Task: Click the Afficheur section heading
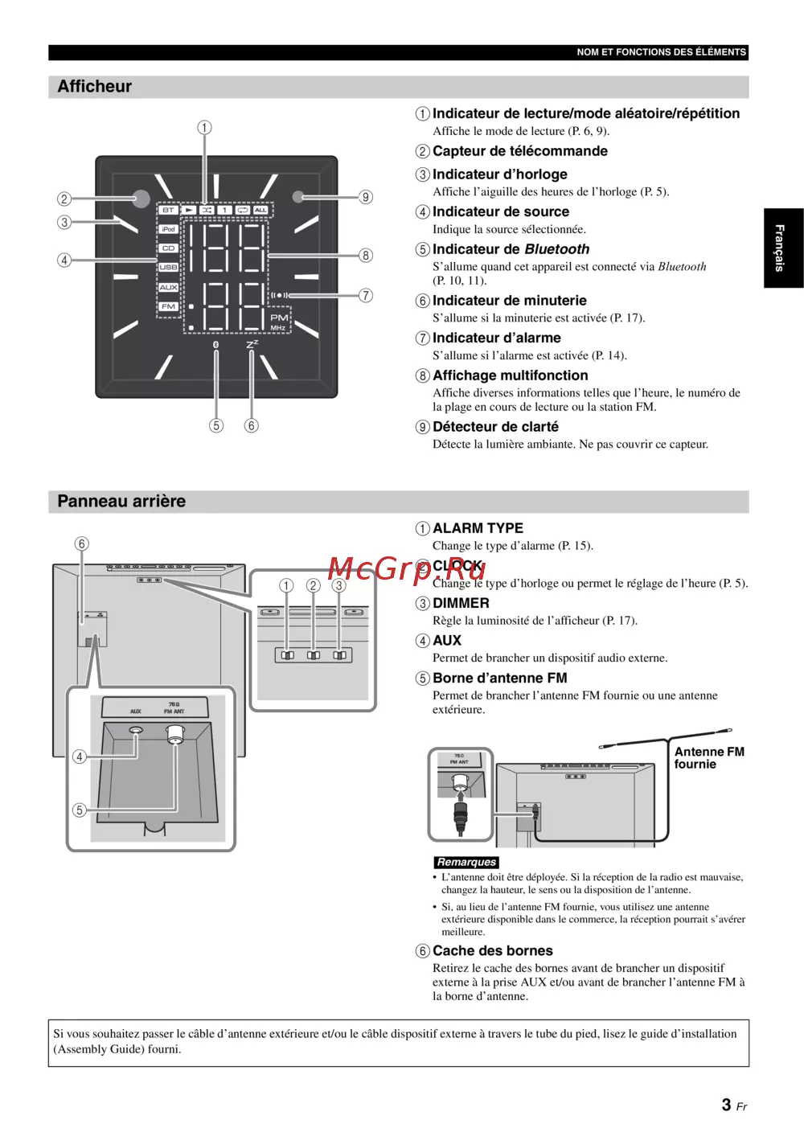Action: coord(95,87)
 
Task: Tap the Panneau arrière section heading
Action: coord(121,502)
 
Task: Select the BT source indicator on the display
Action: coord(168,210)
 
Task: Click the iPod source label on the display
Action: coord(168,229)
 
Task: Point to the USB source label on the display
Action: coord(168,267)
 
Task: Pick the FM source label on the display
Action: coord(168,306)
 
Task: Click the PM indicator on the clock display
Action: coord(279,318)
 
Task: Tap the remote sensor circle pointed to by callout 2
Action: coord(141,199)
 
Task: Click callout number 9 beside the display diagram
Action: coord(366,197)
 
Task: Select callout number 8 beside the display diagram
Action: coord(366,256)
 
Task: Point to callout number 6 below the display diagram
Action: coord(252,426)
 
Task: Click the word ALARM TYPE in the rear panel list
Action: coord(478,528)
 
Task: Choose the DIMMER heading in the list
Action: coord(461,603)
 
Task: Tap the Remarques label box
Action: coord(466,863)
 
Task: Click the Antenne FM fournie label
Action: coord(708,758)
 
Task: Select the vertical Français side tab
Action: coord(780,248)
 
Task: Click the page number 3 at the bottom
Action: coord(727,1105)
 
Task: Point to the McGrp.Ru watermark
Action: coord(407,569)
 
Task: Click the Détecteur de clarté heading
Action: coord(495,427)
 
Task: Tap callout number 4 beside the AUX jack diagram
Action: coord(80,757)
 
